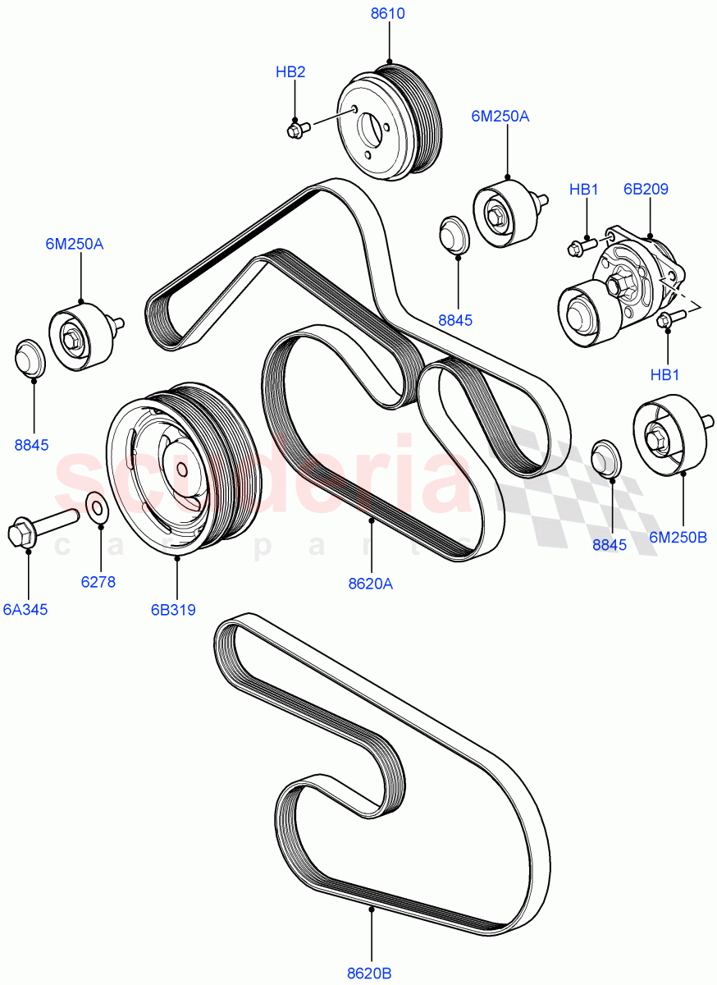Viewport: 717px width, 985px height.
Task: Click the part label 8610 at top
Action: pos(387,14)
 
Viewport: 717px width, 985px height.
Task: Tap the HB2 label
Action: pos(290,72)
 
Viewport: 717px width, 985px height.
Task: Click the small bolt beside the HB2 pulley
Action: pos(297,129)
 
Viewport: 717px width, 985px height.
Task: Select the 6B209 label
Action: pos(646,190)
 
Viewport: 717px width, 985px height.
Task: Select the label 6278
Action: pos(98,582)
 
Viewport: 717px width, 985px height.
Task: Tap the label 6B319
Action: pos(172,609)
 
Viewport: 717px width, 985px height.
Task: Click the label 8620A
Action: pos(371,584)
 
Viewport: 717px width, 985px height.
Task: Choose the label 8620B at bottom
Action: pos(370,974)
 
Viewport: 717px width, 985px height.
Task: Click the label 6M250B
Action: pos(678,538)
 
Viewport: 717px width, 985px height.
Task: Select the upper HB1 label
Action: pos(583,190)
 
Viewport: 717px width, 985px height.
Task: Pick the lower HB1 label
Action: pos(664,374)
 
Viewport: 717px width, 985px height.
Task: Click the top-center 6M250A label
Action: pos(500,117)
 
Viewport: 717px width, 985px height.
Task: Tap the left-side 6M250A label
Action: pos(75,244)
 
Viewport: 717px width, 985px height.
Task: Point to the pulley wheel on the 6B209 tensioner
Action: pos(583,312)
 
